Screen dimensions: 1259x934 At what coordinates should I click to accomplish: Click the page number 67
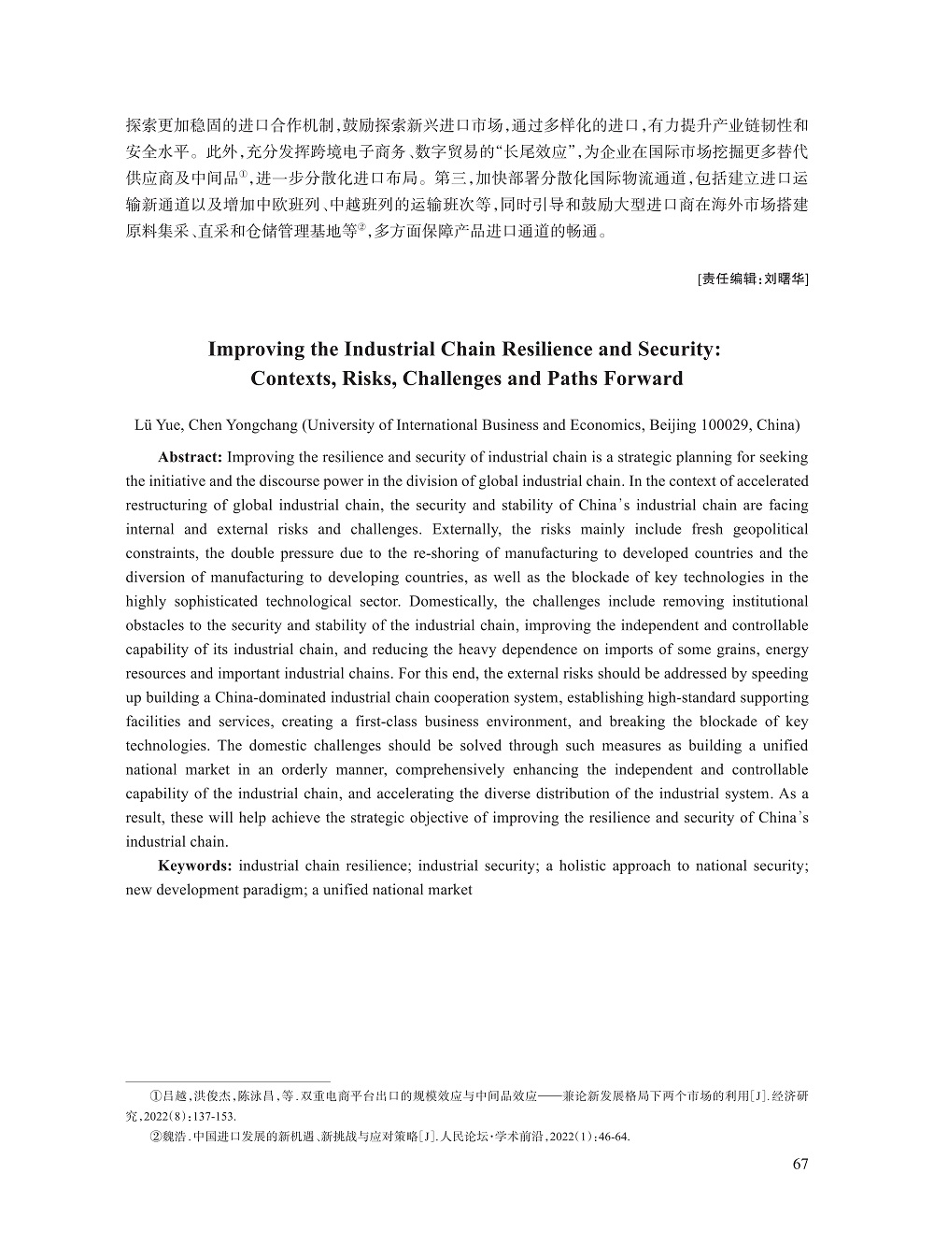800,1164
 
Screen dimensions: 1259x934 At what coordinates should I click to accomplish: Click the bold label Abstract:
190,457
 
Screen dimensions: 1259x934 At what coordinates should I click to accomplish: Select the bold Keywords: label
194,866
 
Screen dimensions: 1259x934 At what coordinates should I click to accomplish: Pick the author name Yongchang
261,424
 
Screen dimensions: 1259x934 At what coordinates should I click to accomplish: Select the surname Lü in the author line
146,424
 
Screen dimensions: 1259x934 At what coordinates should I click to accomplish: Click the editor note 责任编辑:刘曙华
753,279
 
